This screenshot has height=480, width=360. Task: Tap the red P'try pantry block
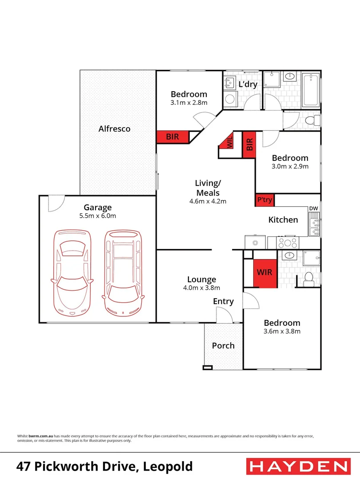(264, 200)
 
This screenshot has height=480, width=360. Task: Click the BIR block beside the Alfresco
(172, 137)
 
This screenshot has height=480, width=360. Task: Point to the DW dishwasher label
(313, 208)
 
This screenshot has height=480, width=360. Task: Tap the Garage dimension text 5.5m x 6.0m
(98, 216)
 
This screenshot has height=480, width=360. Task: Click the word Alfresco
(114, 129)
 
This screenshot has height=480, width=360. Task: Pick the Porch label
(223, 345)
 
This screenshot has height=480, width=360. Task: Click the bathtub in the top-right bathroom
(310, 91)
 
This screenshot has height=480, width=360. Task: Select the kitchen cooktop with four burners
(287, 243)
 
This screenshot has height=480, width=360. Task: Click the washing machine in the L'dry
(230, 99)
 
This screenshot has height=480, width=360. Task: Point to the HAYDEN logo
(297, 466)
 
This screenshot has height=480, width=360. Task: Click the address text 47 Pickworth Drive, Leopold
(104, 467)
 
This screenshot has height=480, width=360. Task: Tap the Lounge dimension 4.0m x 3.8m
(201, 288)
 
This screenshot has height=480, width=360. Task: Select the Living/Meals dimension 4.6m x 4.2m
(208, 201)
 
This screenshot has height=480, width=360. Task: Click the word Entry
(223, 301)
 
